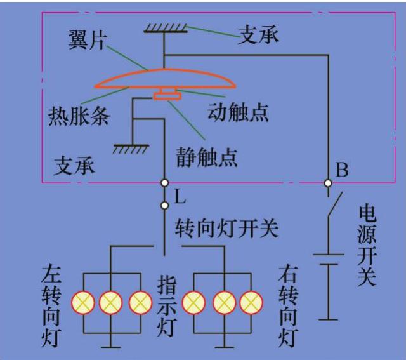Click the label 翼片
click(x=89, y=42)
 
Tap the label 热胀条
click(x=79, y=116)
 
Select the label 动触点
click(x=238, y=112)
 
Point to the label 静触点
click(x=207, y=156)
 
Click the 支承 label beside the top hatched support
click(x=258, y=34)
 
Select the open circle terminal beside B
click(x=328, y=183)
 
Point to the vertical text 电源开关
click(x=367, y=245)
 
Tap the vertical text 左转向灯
click(x=51, y=306)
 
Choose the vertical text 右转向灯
click(x=288, y=306)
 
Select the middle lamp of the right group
click(x=223, y=302)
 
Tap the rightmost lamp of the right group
click(x=251, y=302)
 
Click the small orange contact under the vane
click(x=167, y=96)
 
